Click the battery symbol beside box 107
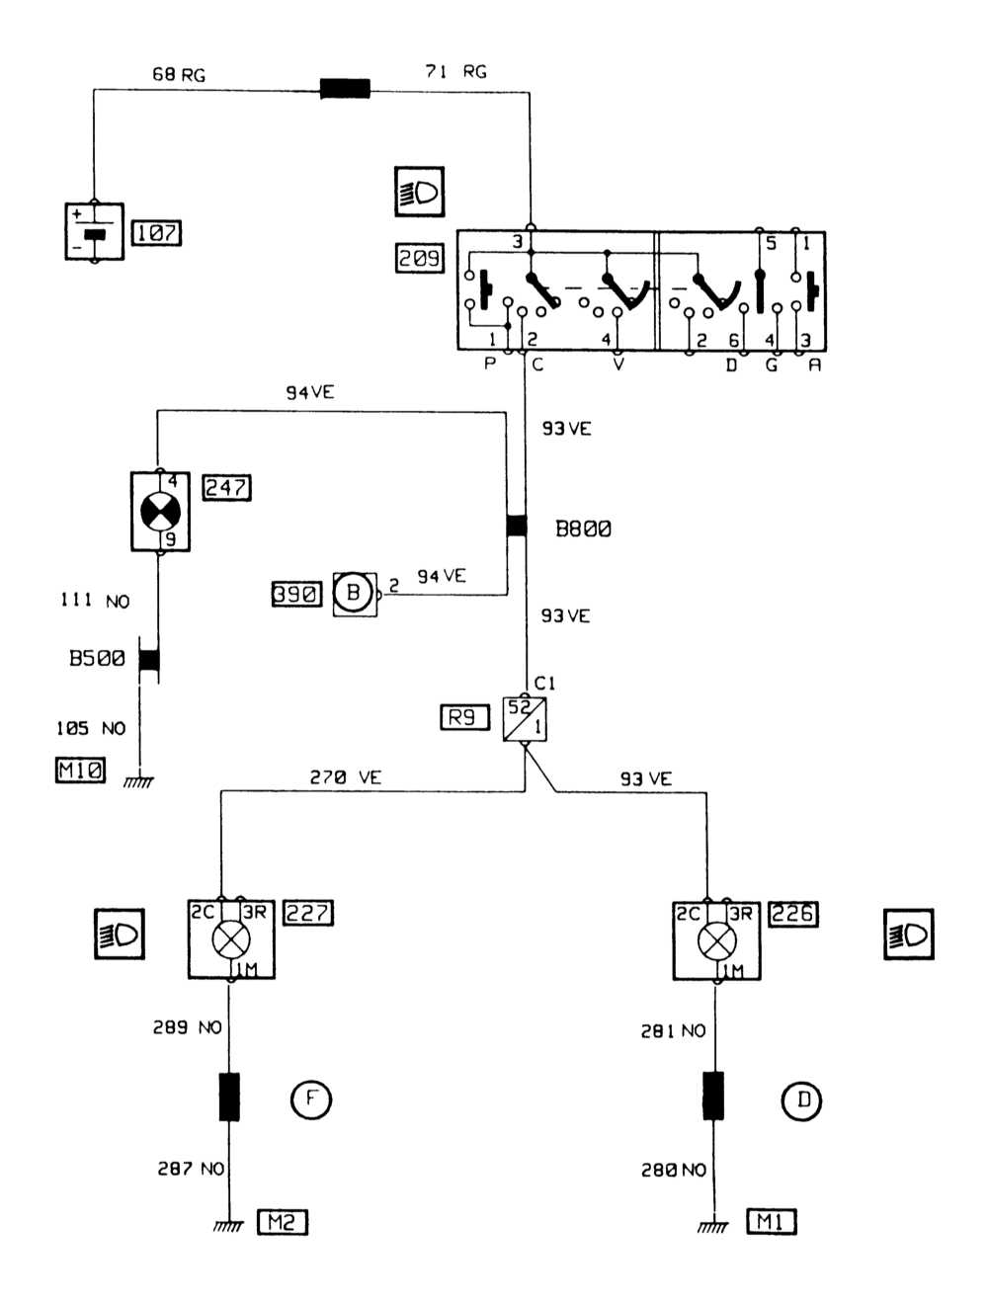[x=94, y=232]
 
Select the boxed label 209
[x=420, y=258]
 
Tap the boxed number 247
[x=226, y=487]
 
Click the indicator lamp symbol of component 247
[x=160, y=512]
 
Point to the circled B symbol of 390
[x=353, y=593]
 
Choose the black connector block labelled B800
[x=517, y=526]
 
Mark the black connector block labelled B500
[x=149, y=659]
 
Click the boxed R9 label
[x=464, y=717]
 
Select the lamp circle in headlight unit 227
[x=231, y=939]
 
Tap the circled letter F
[x=311, y=1099]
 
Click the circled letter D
[x=802, y=1100]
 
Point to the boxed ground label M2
[x=283, y=1222]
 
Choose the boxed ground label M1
[x=771, y=1222]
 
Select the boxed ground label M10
[x=80, y=770]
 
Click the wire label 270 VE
[x=345, y=777]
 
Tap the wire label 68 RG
[x=179, y=75]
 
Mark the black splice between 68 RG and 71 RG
[x=346, y=89]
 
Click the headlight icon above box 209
[x=419, y=192]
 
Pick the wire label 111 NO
[x=95, y=601]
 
